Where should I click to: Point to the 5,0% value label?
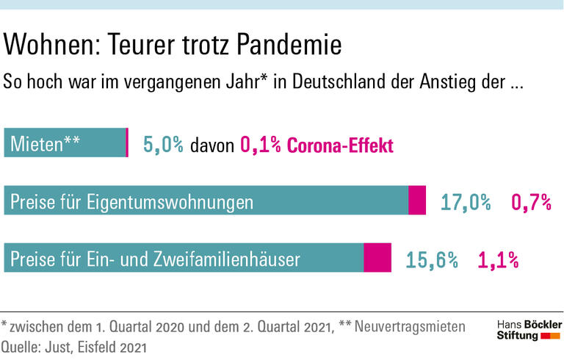(163, 145)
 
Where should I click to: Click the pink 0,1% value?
(261, 145)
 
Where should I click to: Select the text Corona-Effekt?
(340, 145)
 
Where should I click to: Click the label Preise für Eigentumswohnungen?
(132, 201)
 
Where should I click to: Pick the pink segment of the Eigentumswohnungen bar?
(417, 201)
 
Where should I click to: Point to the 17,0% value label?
(466, 202)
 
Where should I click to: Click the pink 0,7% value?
(531, 202)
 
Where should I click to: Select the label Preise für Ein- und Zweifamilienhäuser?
(154, 259)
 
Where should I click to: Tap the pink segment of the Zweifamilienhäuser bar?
(377, 258)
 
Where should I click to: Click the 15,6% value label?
(432, 259)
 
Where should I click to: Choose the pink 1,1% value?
(499, 259)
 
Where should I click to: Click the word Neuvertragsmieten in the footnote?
(410, 326)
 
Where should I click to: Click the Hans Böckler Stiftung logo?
(529, 330)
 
